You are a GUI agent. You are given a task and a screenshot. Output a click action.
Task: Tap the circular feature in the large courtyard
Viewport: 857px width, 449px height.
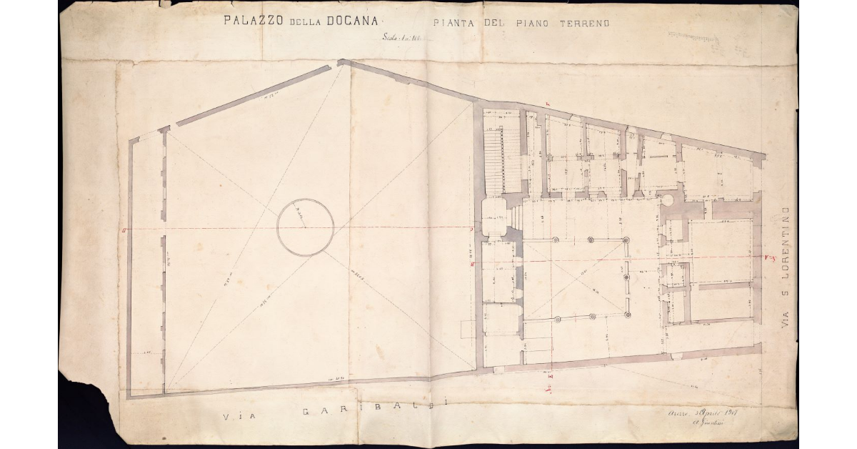click(x=305, y=227)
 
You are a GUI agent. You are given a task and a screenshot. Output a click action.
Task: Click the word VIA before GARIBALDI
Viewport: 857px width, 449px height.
click(x=237, y=417)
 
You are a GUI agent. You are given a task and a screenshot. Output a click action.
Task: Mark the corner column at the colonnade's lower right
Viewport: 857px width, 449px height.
click(x=626, y=314)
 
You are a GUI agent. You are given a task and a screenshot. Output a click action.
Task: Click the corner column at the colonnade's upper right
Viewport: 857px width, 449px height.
click(x=626, y=240)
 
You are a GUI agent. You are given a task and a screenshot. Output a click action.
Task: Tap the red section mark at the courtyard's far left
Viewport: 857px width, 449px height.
click(x=124, y=230)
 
